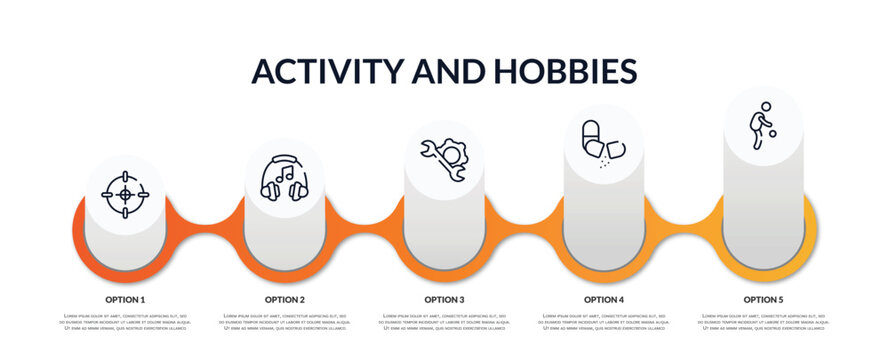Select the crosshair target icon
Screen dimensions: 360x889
[x=125, y=193]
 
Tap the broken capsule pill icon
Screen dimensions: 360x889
[x=603, y=140]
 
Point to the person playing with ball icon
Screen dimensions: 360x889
[x=763, y=125]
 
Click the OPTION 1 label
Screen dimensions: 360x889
[x=125, y=299]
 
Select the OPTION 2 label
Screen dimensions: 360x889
[x=285, y=299]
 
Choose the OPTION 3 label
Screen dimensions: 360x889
[x=444, y=299]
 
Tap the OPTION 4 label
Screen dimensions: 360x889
[x=604, y=299]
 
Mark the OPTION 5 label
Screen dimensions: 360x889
[x=763, y=299]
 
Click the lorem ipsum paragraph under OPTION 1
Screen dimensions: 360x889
[x=125, y=323]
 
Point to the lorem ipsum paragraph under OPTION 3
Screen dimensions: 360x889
[x=444, y=323]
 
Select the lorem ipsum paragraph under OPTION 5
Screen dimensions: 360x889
[x=763, y=323]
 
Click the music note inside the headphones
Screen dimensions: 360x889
[x=285, y=178]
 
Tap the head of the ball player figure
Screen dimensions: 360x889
[x=765, y=105]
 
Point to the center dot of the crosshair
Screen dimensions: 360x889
[x=125, y=193]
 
